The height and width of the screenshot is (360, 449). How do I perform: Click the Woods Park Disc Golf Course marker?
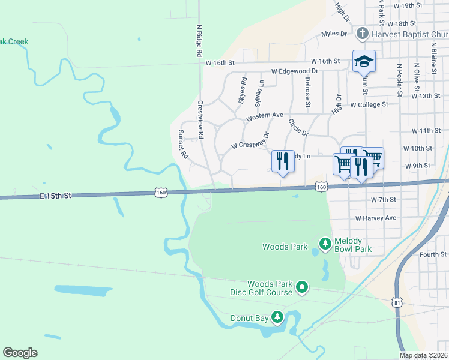302,289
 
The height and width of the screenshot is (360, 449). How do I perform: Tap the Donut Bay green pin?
277,316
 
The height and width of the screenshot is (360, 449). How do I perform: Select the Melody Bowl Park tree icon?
325,243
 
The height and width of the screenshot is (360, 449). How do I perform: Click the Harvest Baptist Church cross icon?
362,34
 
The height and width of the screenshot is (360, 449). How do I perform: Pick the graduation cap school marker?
364,62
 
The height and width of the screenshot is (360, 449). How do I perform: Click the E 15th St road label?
56,196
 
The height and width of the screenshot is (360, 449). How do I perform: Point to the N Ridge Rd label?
199,41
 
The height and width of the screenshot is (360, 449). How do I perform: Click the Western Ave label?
264,116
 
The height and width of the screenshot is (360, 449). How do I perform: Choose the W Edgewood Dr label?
294,70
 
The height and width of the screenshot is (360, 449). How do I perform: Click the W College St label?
369,104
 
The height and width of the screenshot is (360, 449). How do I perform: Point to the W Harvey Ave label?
376,218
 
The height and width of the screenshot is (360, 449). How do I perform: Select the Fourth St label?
433,254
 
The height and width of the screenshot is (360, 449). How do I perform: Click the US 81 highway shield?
397,303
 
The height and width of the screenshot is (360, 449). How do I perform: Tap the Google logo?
20,353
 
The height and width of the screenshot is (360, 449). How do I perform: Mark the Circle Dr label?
298,127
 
